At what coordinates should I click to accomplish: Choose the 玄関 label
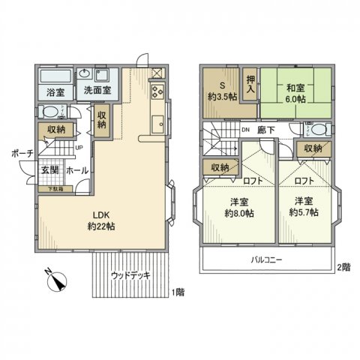click(50, 170)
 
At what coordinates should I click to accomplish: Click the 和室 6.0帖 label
click(293, 92)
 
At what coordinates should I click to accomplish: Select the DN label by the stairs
click(245, 128)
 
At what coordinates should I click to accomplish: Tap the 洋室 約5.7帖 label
click(304, 208)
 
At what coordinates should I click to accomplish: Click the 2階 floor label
click(343, 267)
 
